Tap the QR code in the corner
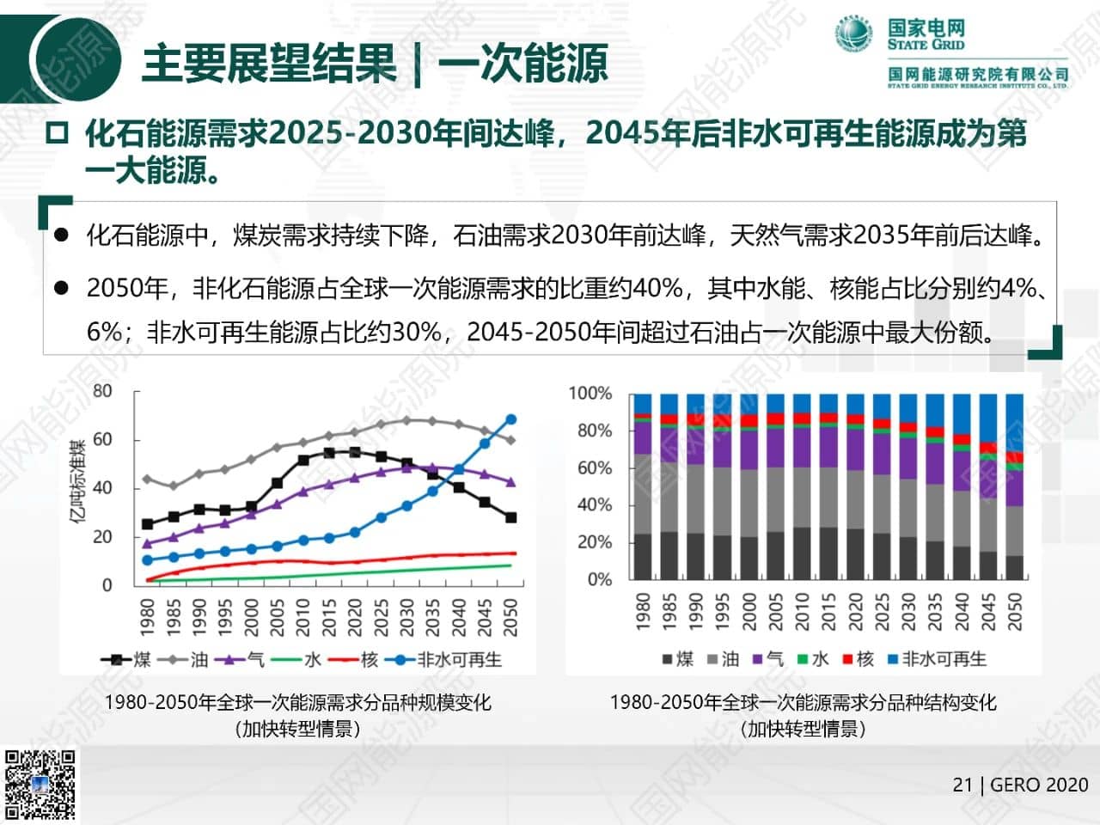[x=40, y=785]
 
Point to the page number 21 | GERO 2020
[x=1020, y=785]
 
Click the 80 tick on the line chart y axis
[x=102, y=391]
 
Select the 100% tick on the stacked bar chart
[x=590, y=394]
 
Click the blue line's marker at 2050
[x=510, y=419]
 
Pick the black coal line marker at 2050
[x=510, y=517]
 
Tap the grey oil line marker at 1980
[x=147, y=479]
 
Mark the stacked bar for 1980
[x=642, y=486]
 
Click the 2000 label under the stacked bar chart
[x=748, y=610]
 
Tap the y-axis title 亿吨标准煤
[x=78, y=481]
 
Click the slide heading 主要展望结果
[x=269, y=63]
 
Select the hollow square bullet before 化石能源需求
[x=58, y=134]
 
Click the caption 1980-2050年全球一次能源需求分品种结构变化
[x=803, y=702]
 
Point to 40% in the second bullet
[x=657, y=288]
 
